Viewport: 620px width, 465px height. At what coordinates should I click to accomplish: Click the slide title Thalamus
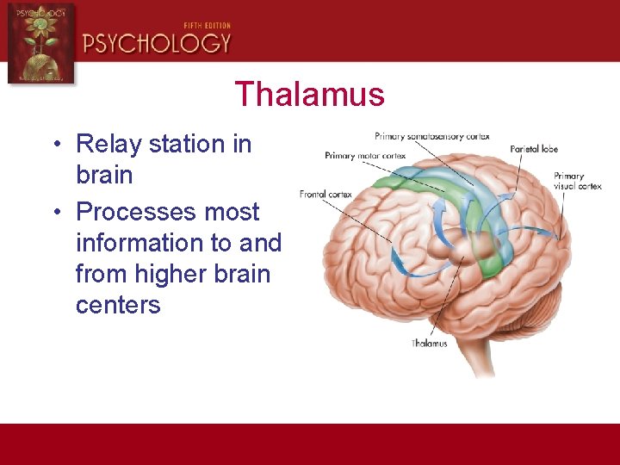coord(309,94)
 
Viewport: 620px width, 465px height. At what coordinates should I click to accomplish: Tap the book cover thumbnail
coord(40,43)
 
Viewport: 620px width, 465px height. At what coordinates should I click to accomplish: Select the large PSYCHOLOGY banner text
coord(157,43)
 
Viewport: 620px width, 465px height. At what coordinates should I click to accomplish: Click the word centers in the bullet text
coord(118,306)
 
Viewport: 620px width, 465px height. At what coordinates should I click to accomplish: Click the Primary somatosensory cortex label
coord(431,136)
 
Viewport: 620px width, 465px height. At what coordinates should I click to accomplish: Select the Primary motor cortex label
coord(365,156)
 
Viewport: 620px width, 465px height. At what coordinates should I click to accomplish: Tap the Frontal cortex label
coord(325,195)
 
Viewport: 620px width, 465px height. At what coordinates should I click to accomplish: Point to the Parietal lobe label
coord(534,149)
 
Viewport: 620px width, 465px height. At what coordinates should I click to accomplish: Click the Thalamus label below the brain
coord(429,344)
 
